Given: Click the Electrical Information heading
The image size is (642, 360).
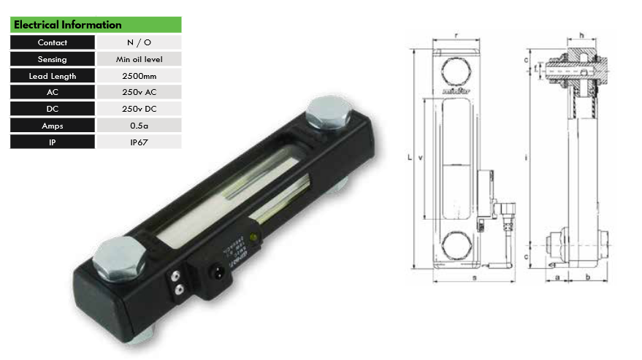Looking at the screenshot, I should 68,25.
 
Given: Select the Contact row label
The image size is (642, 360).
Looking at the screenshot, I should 53,42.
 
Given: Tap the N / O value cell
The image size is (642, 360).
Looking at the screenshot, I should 139,42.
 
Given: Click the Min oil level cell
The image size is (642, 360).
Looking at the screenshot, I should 139,59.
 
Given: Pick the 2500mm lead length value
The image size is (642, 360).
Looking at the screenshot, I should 139,76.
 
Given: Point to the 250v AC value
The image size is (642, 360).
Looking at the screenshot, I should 139,93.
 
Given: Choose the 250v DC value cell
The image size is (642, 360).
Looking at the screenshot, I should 139,109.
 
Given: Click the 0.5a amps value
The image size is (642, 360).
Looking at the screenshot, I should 139,126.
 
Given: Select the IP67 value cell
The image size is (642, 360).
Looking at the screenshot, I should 139,142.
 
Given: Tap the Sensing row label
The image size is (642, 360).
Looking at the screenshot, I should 53,59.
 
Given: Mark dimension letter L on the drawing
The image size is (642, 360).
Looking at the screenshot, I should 410,156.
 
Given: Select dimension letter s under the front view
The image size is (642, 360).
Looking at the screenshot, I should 474,278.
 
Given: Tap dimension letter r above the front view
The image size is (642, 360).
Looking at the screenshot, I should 456,34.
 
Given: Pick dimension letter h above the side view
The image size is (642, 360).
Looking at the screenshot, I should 581,34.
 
